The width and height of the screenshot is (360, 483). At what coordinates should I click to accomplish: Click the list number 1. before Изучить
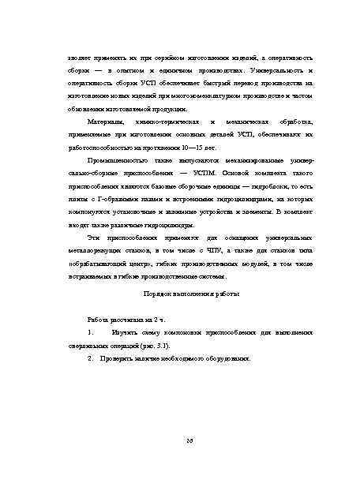(92, 334)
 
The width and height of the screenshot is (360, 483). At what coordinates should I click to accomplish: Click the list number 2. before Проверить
(92, 358)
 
